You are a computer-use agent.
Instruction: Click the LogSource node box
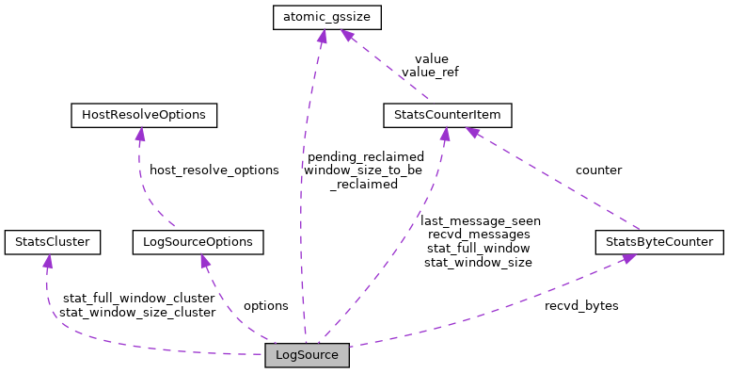tap(307, 355)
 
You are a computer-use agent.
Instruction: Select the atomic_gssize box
tap(322, 17)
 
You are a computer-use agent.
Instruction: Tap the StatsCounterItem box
tap(447, 116)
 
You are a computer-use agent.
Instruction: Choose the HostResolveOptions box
tap(144, 116)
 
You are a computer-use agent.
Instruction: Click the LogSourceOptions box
tap(198, 242)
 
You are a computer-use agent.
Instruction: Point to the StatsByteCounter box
tap(659, 242)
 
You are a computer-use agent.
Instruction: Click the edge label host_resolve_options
tap(214, 170)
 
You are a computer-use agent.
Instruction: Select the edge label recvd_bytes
tap(580, 306)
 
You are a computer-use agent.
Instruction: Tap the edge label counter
tap(598, 170)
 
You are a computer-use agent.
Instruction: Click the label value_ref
tap(429, 72)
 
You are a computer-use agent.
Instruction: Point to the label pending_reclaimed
tap(365, 156)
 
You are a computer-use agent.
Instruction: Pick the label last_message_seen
tap(480, 220)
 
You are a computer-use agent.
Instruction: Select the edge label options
tap(265, 306)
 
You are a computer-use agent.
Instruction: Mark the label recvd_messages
tap(478, 234)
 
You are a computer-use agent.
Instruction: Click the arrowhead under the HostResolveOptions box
tap(140, 134)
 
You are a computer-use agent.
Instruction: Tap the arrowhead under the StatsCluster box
tap(46, 260)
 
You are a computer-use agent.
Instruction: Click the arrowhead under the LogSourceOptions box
tap(207, 260)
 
